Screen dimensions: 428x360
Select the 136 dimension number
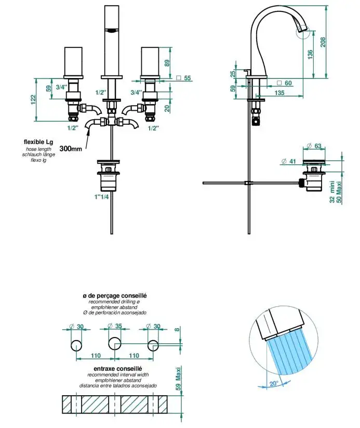pos(310,55)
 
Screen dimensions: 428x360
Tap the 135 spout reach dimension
pos(279,93)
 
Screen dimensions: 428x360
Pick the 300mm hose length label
pos(71,148)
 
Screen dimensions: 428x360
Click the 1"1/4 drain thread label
pos(101,197)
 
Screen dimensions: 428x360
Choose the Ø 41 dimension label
pos(289,162)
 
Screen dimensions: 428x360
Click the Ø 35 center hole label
pos(115,326)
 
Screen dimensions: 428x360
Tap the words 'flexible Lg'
pos(39,141)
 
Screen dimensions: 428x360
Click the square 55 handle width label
pos(184,78)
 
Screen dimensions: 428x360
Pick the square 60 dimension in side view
pos(285,83)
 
